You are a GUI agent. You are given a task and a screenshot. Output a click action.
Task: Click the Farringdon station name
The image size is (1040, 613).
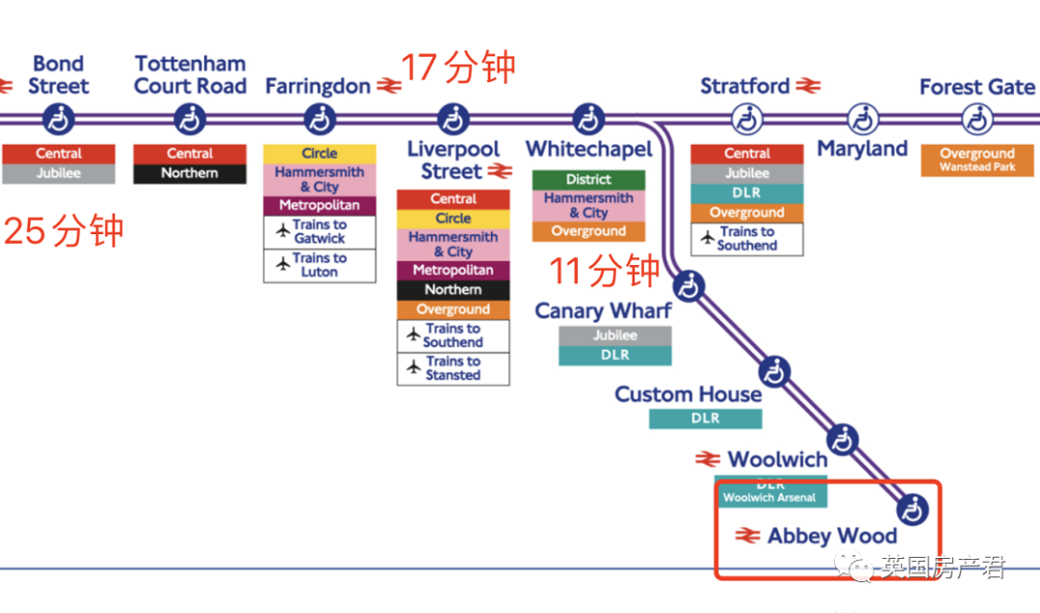pos(318,87)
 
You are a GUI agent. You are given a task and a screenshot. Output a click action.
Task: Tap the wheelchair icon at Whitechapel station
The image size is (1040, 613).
pos(588,120)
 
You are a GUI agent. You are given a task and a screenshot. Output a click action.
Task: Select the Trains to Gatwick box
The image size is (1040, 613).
pos(320,232)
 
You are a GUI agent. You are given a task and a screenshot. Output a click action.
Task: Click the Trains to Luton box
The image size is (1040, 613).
pos(320,265)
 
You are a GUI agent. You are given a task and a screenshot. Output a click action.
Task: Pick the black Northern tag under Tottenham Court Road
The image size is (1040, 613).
pos(190,173)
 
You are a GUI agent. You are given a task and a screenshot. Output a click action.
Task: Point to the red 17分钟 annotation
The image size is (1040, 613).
pos(458,68)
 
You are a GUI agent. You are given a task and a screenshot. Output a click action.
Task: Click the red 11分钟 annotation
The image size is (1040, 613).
pos(605,271)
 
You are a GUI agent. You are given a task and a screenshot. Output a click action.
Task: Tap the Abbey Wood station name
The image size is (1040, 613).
pos(832,536)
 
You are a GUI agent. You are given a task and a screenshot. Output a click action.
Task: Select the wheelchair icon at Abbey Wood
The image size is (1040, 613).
pos(911,507)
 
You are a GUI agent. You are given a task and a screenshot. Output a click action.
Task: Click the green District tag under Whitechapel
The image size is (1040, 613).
pos(588,179)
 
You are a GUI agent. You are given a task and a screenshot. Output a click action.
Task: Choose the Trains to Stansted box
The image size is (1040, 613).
pos(453,368)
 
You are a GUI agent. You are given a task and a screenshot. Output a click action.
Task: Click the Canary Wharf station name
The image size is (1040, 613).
pos(604,311)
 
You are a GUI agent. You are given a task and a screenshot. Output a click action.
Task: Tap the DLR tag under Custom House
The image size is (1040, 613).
pos(705,418)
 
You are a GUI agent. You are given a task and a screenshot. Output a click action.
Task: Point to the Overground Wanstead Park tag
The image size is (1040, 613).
pos(977,160)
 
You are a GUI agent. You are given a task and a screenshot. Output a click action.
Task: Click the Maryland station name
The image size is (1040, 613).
pos(862,149)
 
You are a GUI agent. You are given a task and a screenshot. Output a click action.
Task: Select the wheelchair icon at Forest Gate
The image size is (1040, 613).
pos(977,120)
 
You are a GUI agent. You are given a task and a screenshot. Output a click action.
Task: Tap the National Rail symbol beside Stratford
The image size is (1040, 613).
pos(809,87)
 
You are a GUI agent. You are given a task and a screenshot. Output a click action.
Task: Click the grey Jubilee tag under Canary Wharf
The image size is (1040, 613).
pos(615,335)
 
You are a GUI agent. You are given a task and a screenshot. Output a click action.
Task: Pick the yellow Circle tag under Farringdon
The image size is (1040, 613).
pos(320,153)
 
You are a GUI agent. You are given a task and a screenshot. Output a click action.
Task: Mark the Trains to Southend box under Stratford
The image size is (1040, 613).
pos(747,238)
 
